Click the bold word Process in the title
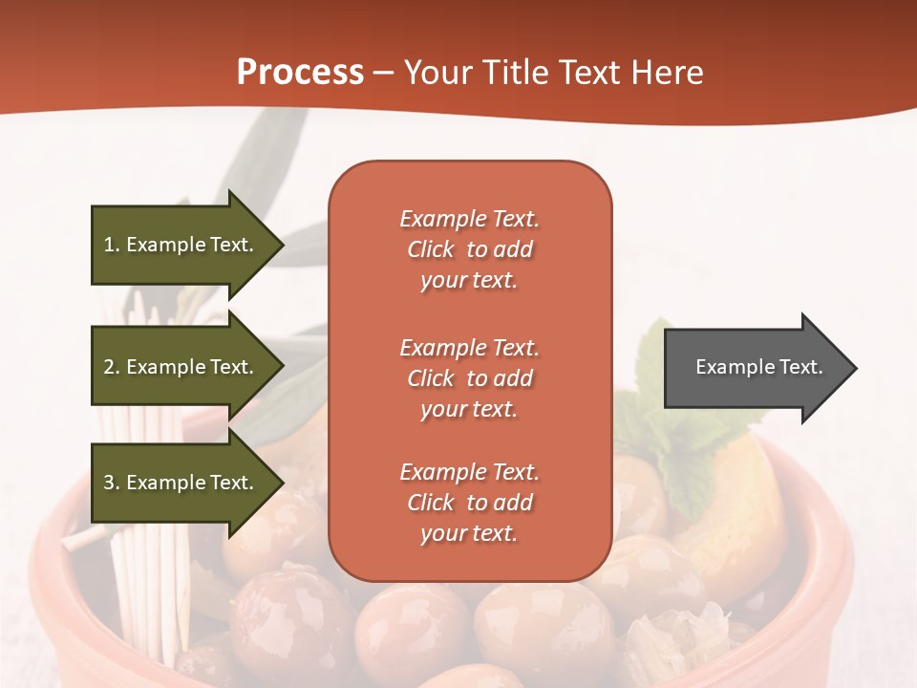click(300, 73)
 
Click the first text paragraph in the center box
click(469, 249)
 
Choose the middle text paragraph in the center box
click(469, 378)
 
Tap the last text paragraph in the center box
click(469, 503)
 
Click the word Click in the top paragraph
click(430, 249)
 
